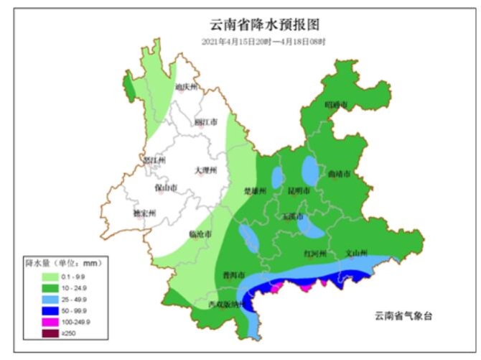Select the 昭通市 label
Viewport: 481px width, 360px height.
click(336, 105)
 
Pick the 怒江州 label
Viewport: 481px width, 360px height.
click(154, 160)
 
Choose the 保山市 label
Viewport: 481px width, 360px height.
click(165, 188)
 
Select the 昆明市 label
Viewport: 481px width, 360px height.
click(298, 191)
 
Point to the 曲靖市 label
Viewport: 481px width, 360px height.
click(338, 174)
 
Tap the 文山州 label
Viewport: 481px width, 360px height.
click(356, 254)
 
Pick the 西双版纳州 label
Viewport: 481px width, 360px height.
click(226, 305)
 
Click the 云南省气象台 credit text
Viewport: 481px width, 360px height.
click(405, 315)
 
